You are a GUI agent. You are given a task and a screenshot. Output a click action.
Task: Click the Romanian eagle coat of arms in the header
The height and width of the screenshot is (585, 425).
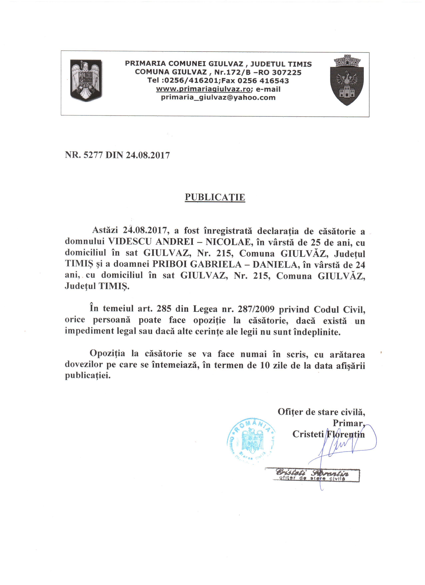pyautogui.click(x=86, y=81)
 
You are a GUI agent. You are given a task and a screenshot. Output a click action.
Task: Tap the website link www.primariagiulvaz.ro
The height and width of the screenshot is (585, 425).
pyautogui.click(x=203, y=89)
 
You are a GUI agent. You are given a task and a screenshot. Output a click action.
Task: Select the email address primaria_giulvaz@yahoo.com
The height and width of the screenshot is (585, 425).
pyautogui.click(x=218, y=97)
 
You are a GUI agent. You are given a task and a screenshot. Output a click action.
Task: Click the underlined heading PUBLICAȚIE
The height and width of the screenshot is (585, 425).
pyautogui.click(x=215, y=197)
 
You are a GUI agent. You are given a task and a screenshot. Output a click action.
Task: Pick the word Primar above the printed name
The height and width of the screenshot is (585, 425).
pyautogui.click(x=348, y=423)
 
